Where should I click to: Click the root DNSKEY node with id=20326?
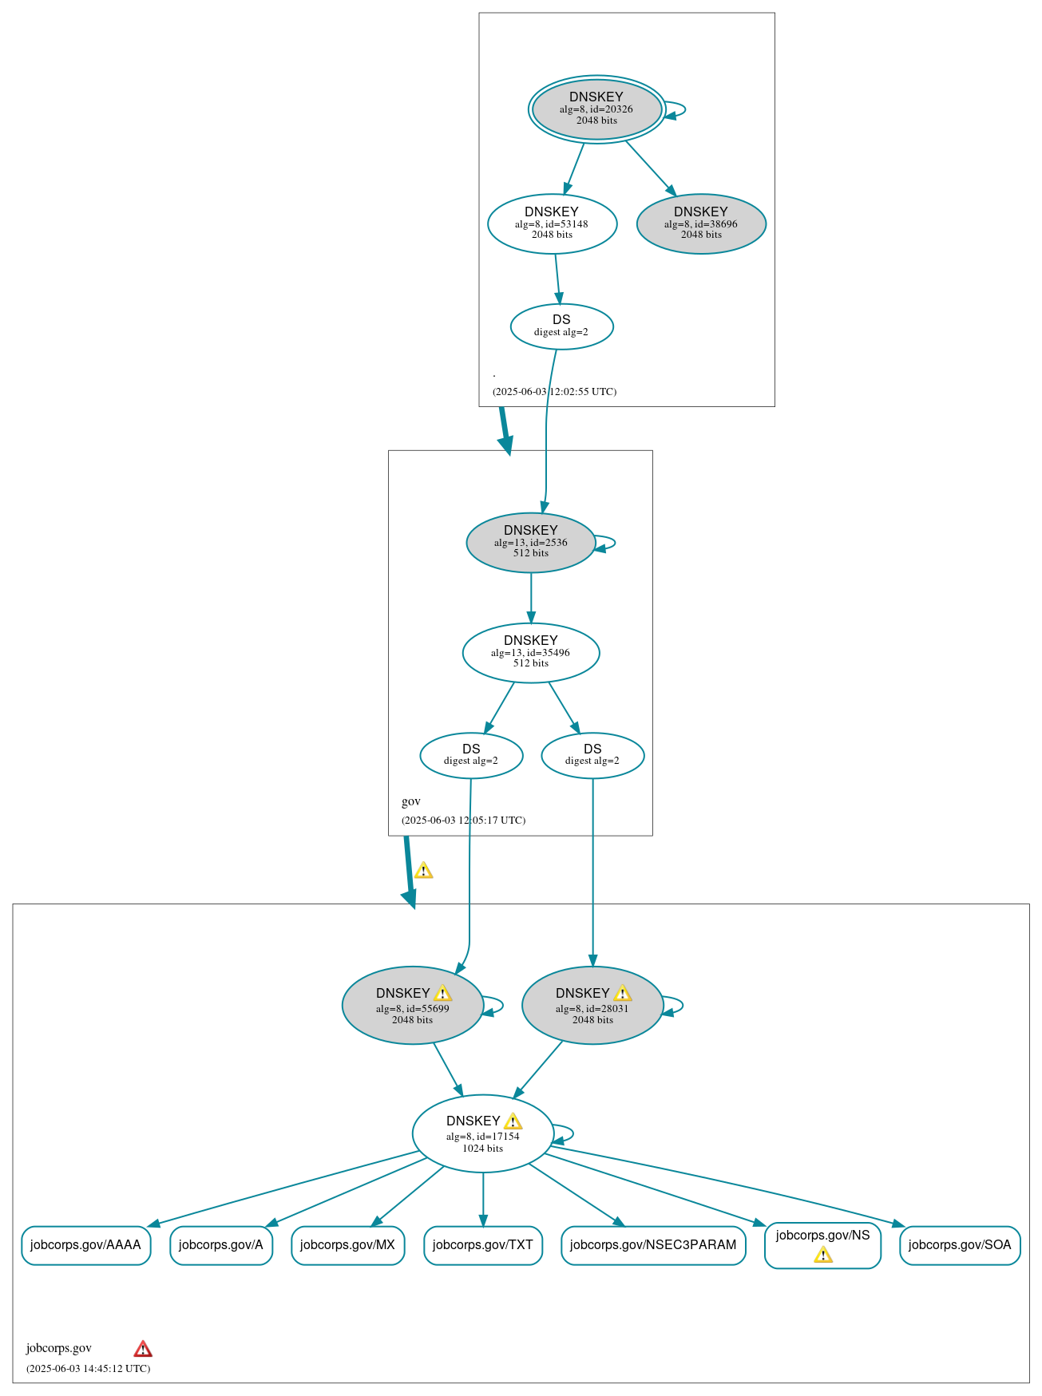(x=596, y=109)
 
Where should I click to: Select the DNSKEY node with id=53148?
(x=552, y=224)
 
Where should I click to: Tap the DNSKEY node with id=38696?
(x=701, y=224)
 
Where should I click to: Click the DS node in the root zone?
(x=561, y=326)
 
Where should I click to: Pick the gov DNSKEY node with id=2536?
(x=530, y=543)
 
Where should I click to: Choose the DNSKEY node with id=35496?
(x=530, y=653)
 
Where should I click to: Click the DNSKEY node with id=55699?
(x=412, y=1006)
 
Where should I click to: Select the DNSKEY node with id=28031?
(x=592, y=1006)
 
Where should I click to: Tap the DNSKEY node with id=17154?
(x=482, y=1134)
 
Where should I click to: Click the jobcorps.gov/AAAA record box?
(x=85, y=1245)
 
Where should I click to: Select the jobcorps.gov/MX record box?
(x=347, y=1245)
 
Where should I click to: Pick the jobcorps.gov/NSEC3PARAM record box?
(x=652, y=1245)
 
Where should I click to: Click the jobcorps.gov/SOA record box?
(x=959, y=1245)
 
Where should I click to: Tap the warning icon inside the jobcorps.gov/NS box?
(x=822, y=1256)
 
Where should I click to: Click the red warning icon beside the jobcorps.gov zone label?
(x=143, y=1349)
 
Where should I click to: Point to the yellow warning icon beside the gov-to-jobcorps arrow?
(x=423, y=871)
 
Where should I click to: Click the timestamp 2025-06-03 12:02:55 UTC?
(x=554, y=392)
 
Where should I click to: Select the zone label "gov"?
(x=410, y=801)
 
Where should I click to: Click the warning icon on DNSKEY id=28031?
(x=622, y=993)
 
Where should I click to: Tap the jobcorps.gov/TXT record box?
(x=482, y=1245)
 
